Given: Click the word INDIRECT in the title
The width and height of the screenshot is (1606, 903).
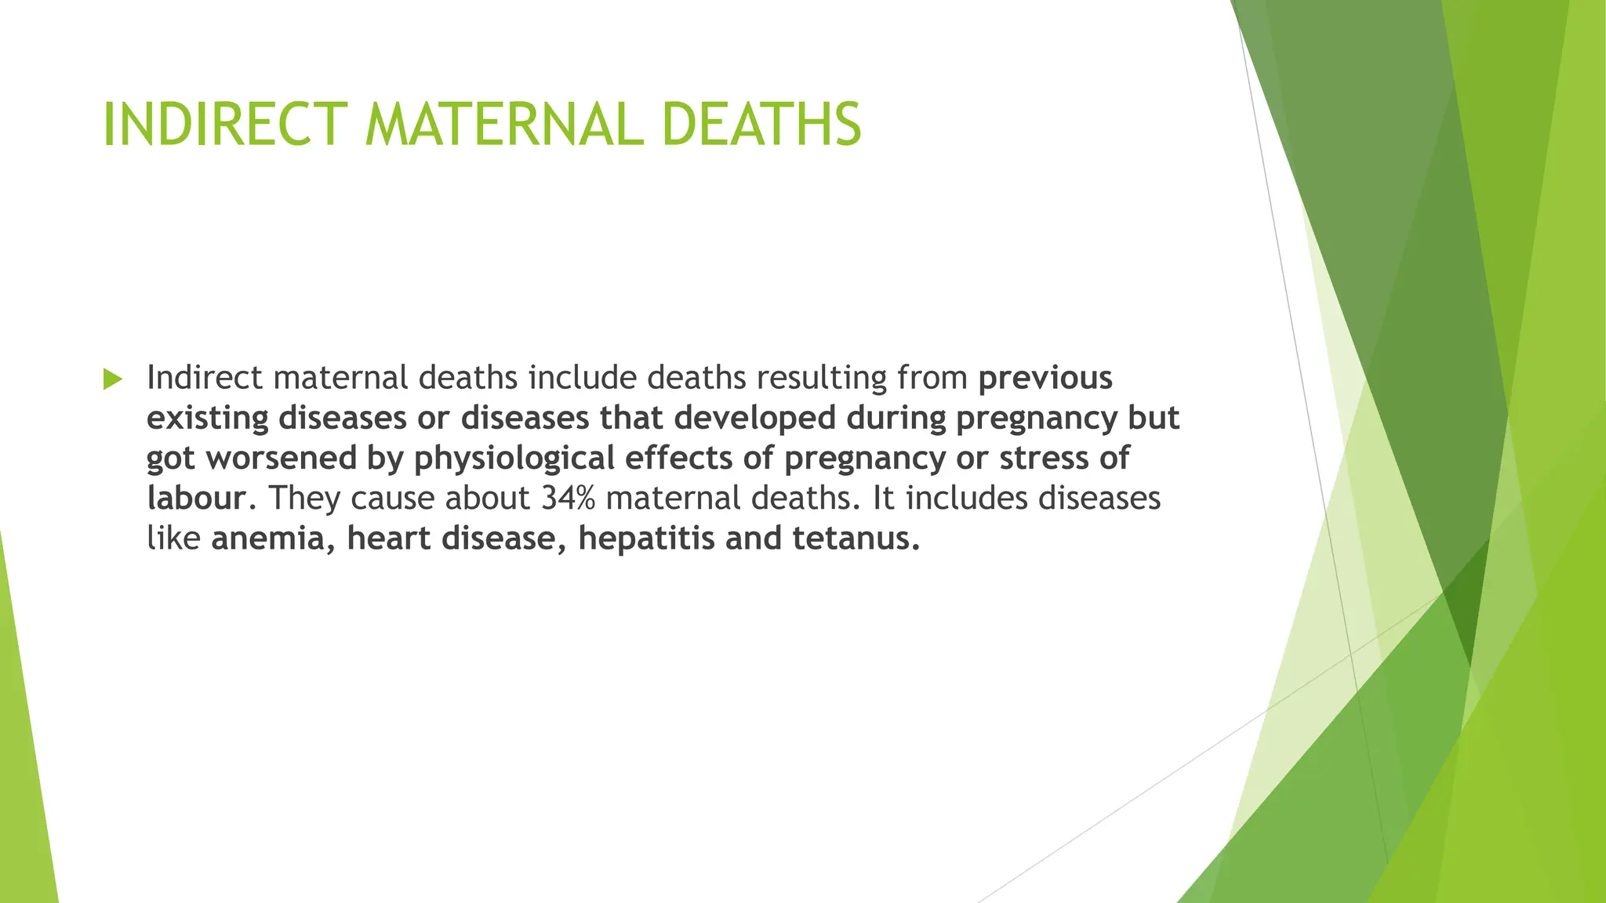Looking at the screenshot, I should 225,125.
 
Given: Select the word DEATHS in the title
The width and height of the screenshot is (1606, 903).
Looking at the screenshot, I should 761,125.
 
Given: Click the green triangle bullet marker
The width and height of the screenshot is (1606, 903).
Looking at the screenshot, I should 113,379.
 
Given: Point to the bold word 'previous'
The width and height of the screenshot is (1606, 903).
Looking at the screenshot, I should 1045,379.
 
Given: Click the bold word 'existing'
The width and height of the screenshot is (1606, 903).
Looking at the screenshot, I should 208,419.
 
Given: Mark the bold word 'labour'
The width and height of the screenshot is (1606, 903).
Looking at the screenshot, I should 197,499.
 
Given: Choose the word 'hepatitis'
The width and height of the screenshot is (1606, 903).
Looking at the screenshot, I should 646,539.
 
